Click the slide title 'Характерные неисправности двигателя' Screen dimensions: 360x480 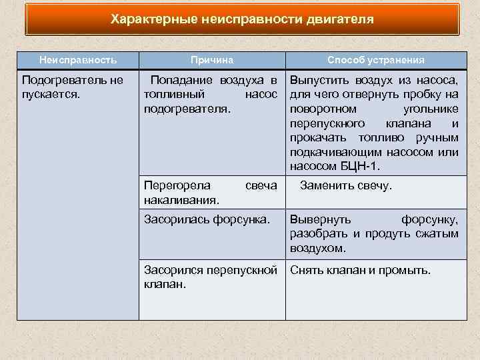point(242,19)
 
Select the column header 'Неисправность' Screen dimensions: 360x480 point(78,60)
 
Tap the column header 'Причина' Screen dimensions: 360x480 point(211,60)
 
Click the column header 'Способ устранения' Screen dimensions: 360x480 point(376,60)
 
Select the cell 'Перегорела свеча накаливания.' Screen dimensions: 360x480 point(211,192)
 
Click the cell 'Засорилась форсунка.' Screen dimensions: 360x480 point(207,219)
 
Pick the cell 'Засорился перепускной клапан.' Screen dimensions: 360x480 point(211,277)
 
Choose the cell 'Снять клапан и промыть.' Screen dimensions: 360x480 point(361,271)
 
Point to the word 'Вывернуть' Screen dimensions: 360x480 point(320,219)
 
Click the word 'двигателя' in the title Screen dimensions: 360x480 point(340,19)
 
